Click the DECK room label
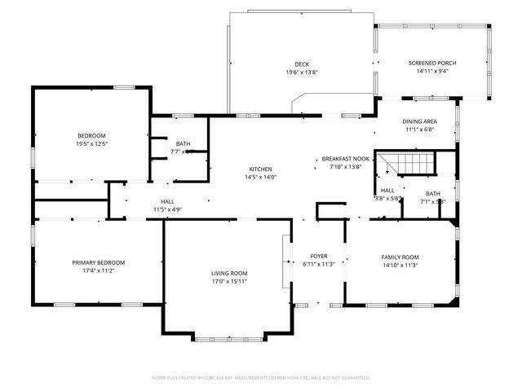click(x=302, y=64)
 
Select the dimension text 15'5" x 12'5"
click(x=91, y=144)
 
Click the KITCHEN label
click(x=260, y=169)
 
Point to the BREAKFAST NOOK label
click(x=345, y=159)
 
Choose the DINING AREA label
click(x=419, y=121)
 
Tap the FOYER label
click(x=319, y=256)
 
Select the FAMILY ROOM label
click(x=400, y=257)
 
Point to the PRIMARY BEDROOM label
click(x=99, y=262)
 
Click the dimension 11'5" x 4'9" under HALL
click(x=167, y=209)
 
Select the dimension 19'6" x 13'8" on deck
click(x=302, y=72)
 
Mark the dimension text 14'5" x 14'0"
click(x=260, y=178)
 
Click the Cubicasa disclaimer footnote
click(x=261, y=378)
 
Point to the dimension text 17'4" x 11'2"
click(x=99, y=270)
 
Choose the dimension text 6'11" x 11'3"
click(x=319, y=264)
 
